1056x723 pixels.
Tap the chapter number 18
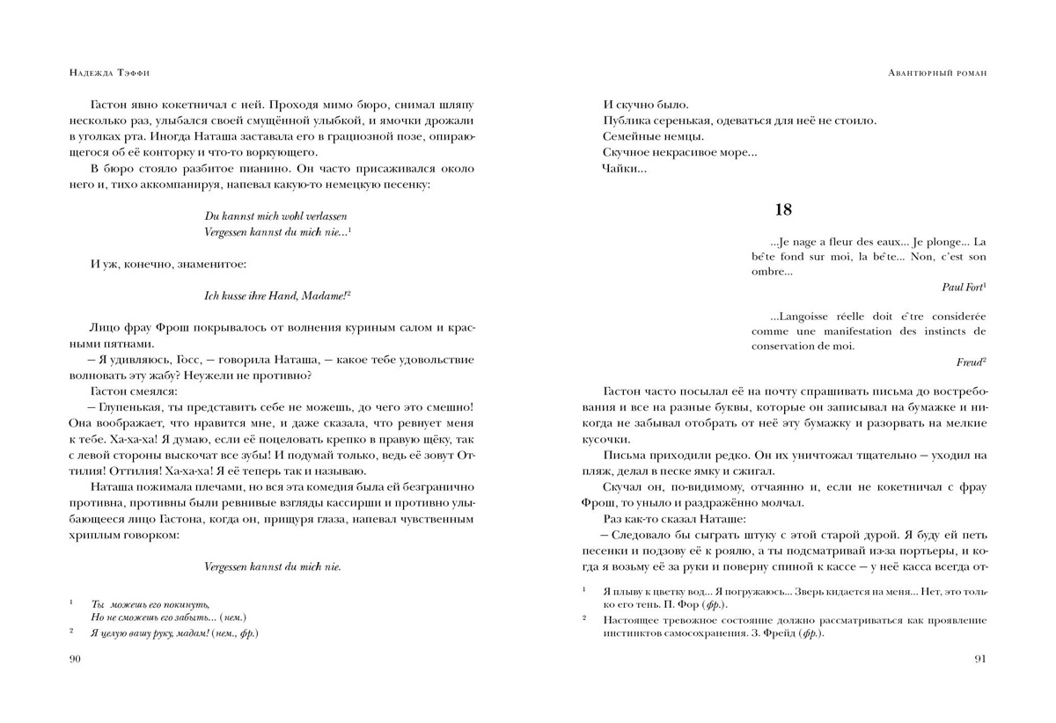(x=783, y=209)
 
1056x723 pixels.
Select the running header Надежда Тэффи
(x=104, y=74)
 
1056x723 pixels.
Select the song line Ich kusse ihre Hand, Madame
(x=271, y=296)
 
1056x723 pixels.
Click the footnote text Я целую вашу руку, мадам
(x=174, y=632)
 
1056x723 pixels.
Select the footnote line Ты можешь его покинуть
(x=150, y=604)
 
